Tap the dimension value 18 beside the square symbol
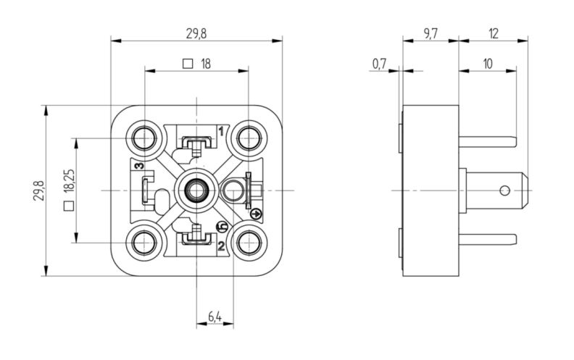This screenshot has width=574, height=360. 205,64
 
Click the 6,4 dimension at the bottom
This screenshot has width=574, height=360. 215,316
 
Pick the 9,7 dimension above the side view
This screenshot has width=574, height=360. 430,33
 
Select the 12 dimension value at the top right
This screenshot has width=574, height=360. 494,33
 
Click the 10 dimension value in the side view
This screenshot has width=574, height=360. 487,64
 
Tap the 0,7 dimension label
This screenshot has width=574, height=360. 378,64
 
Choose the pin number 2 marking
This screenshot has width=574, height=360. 220,246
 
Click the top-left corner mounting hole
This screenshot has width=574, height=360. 143,137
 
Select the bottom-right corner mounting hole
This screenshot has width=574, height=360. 249,241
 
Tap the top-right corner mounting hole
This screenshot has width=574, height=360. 249,137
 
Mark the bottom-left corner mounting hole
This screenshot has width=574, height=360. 143,241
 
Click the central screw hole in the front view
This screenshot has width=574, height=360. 195,190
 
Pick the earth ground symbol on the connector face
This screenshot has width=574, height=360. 254,213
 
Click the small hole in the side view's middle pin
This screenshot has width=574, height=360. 505,191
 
